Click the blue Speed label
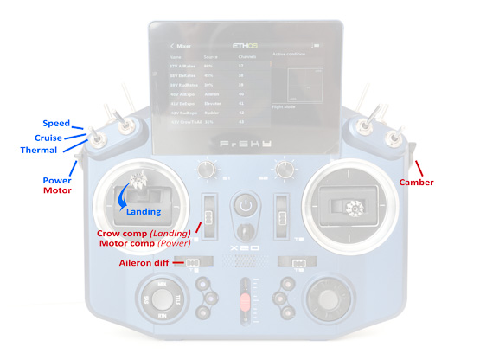tap(57, 124)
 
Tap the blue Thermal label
tap(40, 151)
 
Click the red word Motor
tap(57, 190)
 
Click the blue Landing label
tap(144, 211)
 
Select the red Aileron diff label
tap(149, 262)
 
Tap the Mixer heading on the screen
tap(183, 45)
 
